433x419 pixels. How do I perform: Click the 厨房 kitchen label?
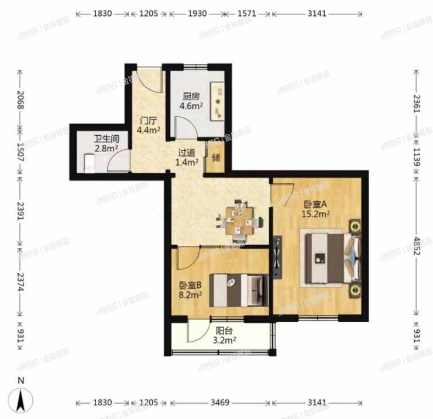[x=188, y=97]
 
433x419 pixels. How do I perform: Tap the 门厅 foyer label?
[x=147, y=120]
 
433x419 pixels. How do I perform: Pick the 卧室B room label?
[x=191, y=286]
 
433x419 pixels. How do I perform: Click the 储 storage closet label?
[x=216, y=157]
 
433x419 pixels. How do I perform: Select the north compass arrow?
[x=22, y=400]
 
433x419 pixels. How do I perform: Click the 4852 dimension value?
[x=417, y=242]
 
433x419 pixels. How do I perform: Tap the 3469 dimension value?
[x=221, y=403]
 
